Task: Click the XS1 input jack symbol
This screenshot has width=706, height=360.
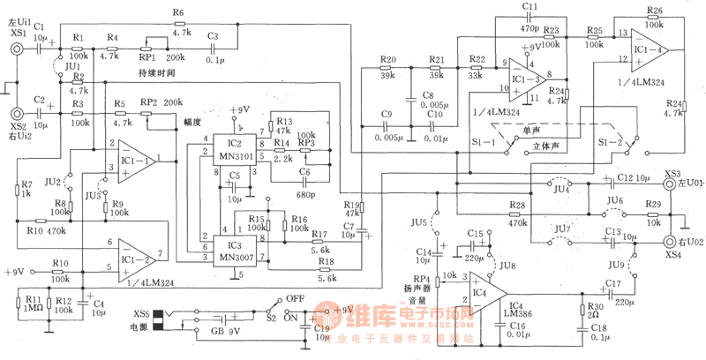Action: [x=16, y=50]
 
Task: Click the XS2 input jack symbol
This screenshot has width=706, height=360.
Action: [x=16, y=113]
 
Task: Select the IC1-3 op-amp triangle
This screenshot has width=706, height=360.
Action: [x=532, y=76]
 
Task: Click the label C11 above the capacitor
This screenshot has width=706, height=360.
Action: [x=529, y=7]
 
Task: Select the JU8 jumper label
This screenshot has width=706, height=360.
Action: [x=507, y=266]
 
